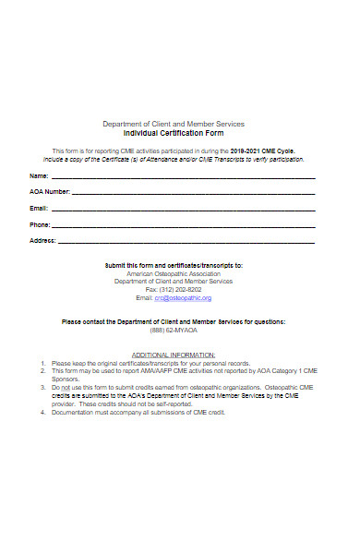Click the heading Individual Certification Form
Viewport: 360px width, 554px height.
pyautogui.click(x=174, y=133)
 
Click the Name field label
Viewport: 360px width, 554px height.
pyautogui.click(x=39, y=175)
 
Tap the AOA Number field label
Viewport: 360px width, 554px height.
pyautogui.click(x=50, y=192)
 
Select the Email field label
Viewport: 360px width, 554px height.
pyautogui.click(x=39, y=209)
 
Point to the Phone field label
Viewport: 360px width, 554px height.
pyautogui.click(x=40, y=224)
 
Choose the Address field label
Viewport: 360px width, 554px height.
pyautogui.click(x=43, y=240)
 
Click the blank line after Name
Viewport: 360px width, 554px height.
pyautogui.click(x=183, y=177)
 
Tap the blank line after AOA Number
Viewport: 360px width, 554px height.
pyautogui.click(x=194, y=194)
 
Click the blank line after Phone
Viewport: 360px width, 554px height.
pyautogui.click(x=184, y=226)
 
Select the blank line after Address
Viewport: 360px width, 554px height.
pyautogui.click(x=187, y=242)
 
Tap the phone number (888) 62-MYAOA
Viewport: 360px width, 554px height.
pyautogui.click(x=174, y=329)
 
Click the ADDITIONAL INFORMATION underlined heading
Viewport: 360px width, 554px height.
pyautogui.click(x=174, y=355)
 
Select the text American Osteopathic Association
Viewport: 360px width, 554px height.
pyautogui.click(x=174, y=274)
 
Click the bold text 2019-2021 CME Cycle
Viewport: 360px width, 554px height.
pyautogui.click(x=262, y=149)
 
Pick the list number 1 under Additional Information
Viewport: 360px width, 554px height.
pyautogui.click(x=42, y=363)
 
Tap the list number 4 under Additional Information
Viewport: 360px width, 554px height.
pyautogui.click(x=42, y=412)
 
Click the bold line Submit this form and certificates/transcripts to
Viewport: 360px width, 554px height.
pyautogui.click(x=174, y=265)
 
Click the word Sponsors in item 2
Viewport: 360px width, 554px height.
pyautogui.click(x=66, y=379)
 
